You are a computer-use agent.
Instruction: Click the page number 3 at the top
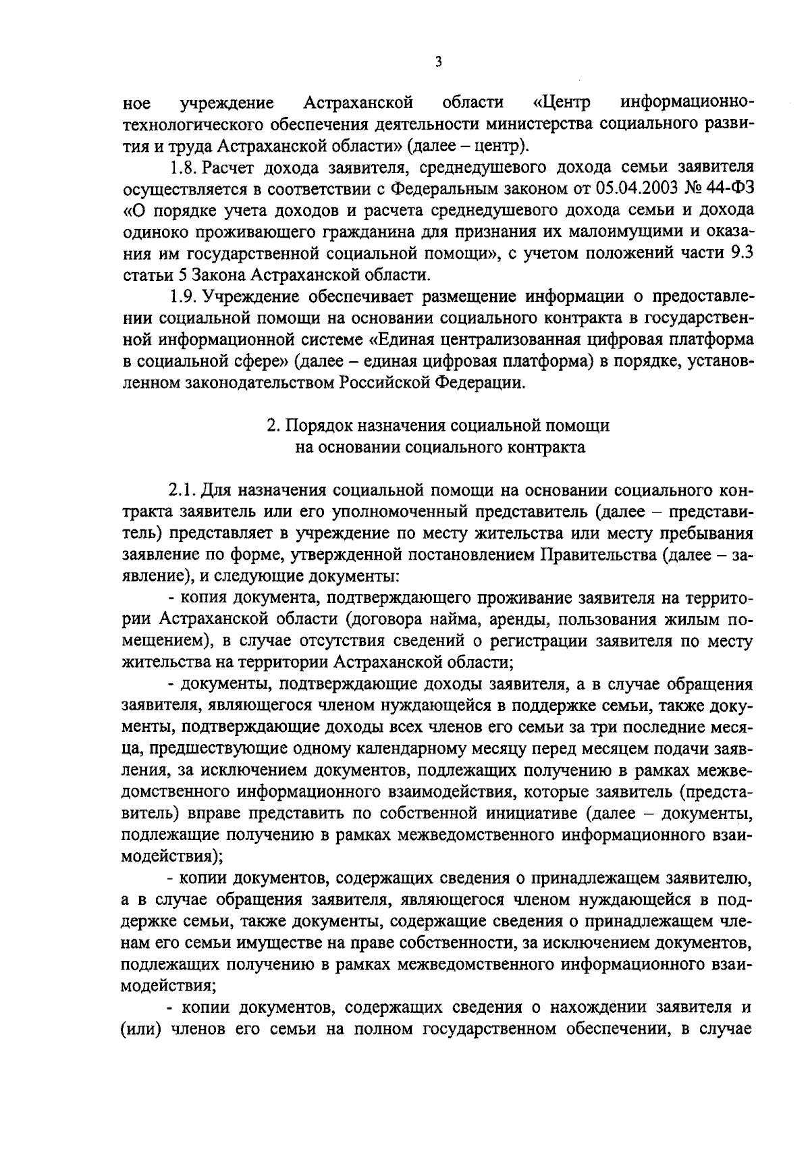pos(439,63)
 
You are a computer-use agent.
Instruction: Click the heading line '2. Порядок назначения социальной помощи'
pos(439,425)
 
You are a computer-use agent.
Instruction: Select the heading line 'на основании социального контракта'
pos(439,447)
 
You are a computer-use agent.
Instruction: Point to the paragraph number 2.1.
pos(182,490)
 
